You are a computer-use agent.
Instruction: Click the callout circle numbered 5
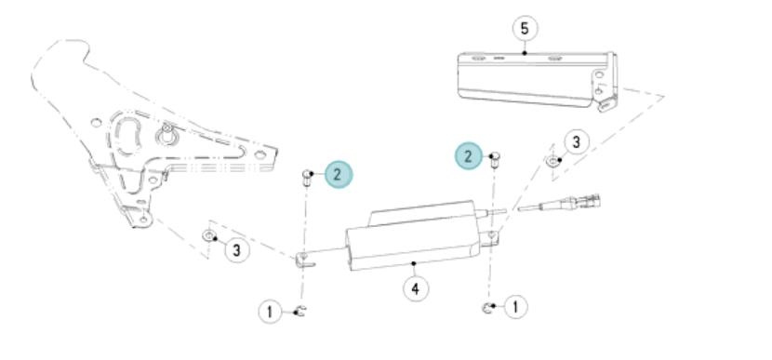point(525,28)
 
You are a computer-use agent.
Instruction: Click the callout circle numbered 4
point(416,288)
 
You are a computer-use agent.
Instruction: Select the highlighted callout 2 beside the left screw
point(339,174)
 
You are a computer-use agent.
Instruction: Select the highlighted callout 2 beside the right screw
point(468,156)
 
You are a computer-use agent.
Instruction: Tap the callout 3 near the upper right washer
point(576,141)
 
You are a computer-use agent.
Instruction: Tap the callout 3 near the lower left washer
point(237,249)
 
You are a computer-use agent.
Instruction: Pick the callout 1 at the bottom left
point(271,312)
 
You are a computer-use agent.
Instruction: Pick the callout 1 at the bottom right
point(515,307)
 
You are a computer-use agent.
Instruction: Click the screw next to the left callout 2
point(307,178)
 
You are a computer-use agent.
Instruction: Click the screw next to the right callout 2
point(495,161)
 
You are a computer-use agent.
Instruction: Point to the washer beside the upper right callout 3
point(553,160)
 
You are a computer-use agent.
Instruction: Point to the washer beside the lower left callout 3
point(208,236)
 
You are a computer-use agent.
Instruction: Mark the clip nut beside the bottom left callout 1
point(299,311)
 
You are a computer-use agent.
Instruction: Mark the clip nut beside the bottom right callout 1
point(486,308)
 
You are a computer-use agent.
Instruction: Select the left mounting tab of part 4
point(305,260)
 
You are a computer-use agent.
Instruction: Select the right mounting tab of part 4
point(489,238)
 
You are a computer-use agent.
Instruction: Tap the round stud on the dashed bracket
point(166,133)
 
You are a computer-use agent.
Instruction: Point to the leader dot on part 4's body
point(415,263)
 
